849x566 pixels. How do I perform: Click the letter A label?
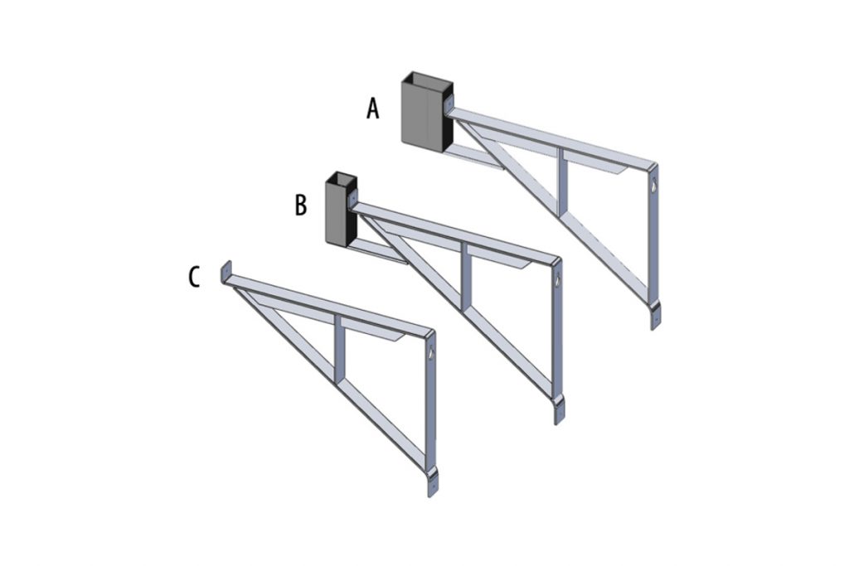[373, 109]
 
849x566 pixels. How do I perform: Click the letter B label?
[301, 205]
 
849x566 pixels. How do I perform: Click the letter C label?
[194, 277]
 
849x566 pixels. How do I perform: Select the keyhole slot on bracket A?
[653, 187]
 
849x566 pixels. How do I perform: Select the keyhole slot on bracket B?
[557, 282]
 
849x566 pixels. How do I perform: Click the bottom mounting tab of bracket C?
[431, 484]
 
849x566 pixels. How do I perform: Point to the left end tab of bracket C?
[224, 273]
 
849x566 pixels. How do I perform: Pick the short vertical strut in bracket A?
[563, 178]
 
